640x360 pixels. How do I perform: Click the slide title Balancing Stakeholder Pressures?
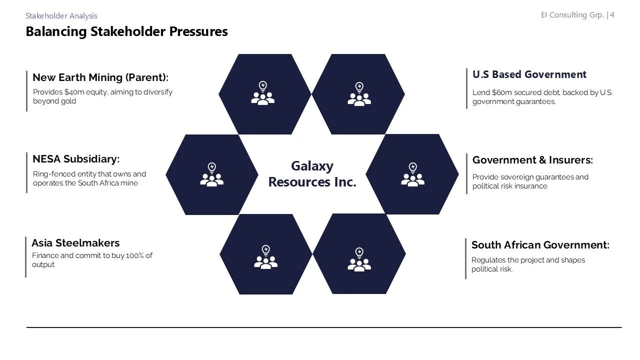[x=126, y=31]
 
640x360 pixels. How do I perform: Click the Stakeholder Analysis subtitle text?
[x=61, y=16]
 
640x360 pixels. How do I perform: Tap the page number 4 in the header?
[x=612, y=15]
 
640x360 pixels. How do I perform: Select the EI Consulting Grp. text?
[x=572, y=15]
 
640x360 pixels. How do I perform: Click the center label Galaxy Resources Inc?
[x=312, y=174]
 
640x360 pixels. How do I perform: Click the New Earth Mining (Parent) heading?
[x=100, y=77]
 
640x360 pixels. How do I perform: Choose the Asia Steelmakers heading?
[x=75, y=243]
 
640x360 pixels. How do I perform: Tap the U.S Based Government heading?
[x=529, y=74]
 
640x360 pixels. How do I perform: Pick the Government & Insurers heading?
[x=532, y=160]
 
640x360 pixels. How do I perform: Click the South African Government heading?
[x=540, y=245]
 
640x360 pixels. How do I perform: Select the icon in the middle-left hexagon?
[x=211, y=174]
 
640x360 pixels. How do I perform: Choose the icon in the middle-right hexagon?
[x=412, y=174]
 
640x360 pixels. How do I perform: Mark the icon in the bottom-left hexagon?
[x=265, y=257]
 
